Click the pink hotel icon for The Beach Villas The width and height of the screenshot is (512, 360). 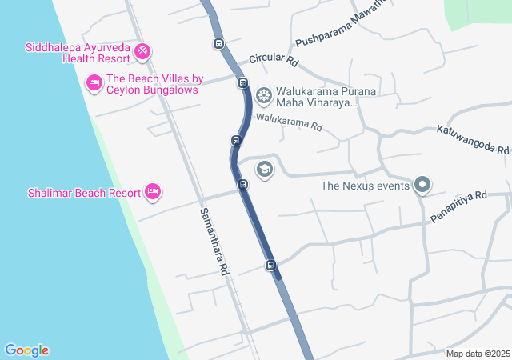94,82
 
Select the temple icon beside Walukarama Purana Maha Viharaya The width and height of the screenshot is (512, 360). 263,97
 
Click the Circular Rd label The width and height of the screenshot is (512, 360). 274,60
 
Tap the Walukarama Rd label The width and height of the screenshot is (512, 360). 289,122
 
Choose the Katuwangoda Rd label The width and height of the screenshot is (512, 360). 472,139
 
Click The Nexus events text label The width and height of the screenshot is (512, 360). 365,186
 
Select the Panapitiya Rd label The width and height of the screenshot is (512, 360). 458,206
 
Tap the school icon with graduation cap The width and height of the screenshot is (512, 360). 264,170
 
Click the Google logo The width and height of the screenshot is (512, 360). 26,350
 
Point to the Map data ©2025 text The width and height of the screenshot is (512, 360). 478,354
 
